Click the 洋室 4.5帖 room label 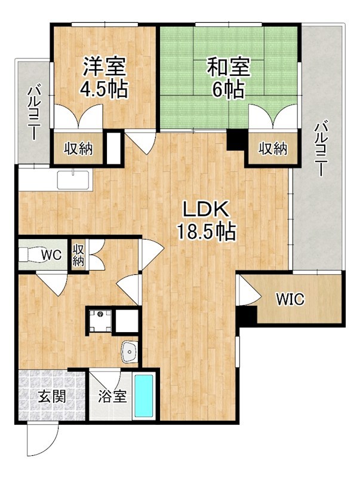103,78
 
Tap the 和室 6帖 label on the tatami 229,78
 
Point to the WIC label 290,299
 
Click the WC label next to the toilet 52,255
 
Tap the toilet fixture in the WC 30,255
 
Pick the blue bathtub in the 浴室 144,396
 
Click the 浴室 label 112,396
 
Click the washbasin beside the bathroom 130,352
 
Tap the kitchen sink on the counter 73,180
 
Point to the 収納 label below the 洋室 78,149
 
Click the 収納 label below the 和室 273,148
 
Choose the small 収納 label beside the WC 78,255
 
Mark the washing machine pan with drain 100,320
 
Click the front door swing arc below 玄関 41,439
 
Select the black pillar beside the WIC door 247,317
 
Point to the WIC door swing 250,290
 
